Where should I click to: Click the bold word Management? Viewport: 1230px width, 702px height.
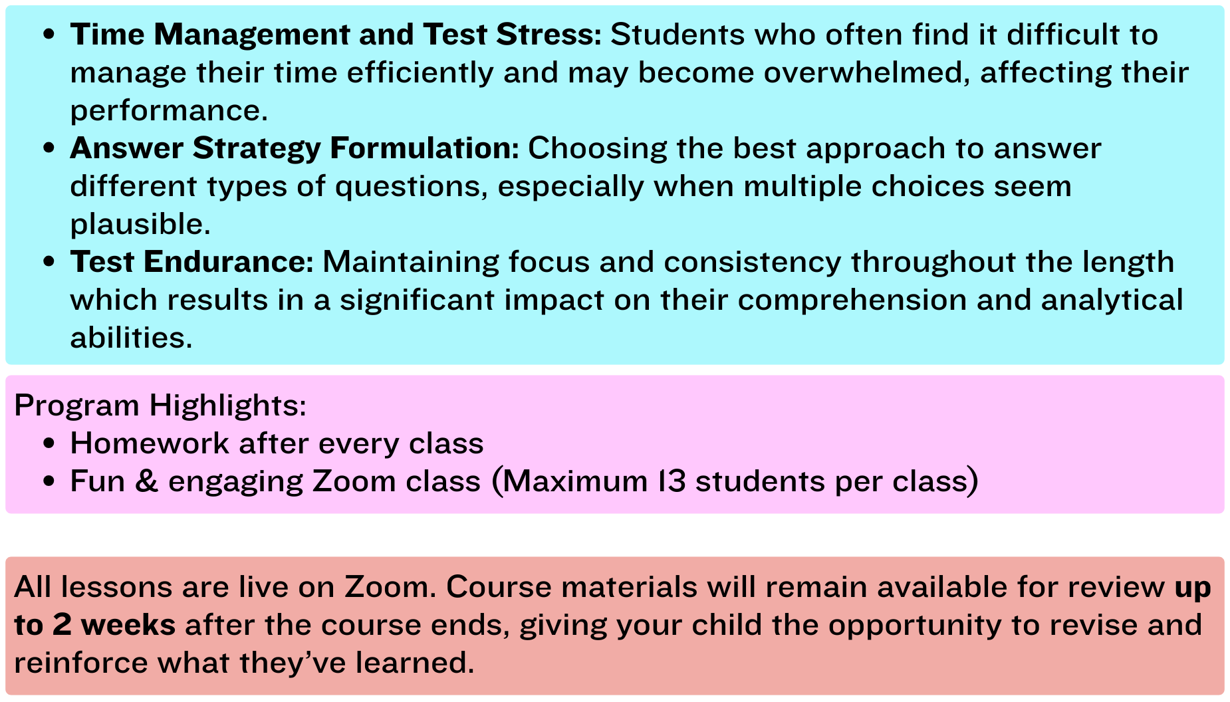[x=251, y=35]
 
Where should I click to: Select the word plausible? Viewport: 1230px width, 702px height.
[x=140, y=225]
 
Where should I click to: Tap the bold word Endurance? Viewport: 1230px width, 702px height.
[x=228, y=262]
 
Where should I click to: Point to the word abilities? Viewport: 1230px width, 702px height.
[x=131, y=338]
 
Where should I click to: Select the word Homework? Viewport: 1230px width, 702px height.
[x=150, y=443]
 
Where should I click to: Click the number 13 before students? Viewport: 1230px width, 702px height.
[x=672, y=481]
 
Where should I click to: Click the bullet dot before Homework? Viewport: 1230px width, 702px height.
[x=48, y=444]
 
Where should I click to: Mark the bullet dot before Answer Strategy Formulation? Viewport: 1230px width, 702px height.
[x=48, y=149]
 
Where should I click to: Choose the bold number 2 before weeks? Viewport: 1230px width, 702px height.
[x=62, y=626]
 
